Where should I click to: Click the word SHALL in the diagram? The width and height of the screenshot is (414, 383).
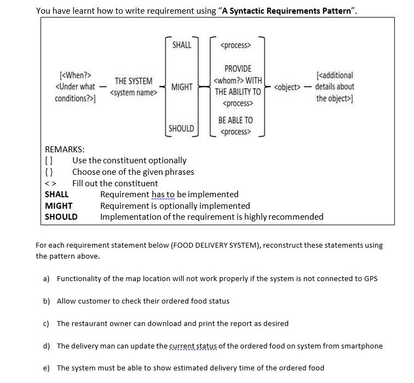pyautogui.click(x=182, y=45)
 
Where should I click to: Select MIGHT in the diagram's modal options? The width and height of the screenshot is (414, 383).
pyautogui.click(x=182, y=87)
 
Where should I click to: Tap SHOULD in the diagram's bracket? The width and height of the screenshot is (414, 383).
pyautogui.click(x=181, y=128)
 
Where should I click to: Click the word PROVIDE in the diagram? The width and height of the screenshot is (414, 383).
pyautogui.click(x=238, y=68)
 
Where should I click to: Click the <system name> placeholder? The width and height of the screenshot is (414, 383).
pyautogui.click(x=134, y=93)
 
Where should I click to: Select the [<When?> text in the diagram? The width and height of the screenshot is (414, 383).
pyautogui.click(x=75, y=75)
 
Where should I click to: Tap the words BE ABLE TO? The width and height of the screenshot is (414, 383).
pyautogui.click(x=235, y=120)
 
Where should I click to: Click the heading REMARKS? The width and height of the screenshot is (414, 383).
pyautogui.click(x=65, y=149)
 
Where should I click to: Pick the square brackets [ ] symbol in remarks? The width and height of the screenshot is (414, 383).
pyautogui.click(x=49, y=161)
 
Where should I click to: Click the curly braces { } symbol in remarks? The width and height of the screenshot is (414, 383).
pyautogui.click(x=49, y=172)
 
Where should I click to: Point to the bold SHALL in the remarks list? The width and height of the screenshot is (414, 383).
pyautogui.click(x=57, y=194)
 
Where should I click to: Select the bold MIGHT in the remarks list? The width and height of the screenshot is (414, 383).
pyautogui.click(x=59, y=205)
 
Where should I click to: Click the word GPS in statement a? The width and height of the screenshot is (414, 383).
pyautogui.click(x=371, y=278)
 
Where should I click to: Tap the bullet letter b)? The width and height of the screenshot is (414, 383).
pyautogui.click(x=47, y=301)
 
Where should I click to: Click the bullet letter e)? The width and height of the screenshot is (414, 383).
pyautogui.click(x=47, y=368)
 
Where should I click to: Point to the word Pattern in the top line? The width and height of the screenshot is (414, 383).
pyautogui.click(x=338, y=10)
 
